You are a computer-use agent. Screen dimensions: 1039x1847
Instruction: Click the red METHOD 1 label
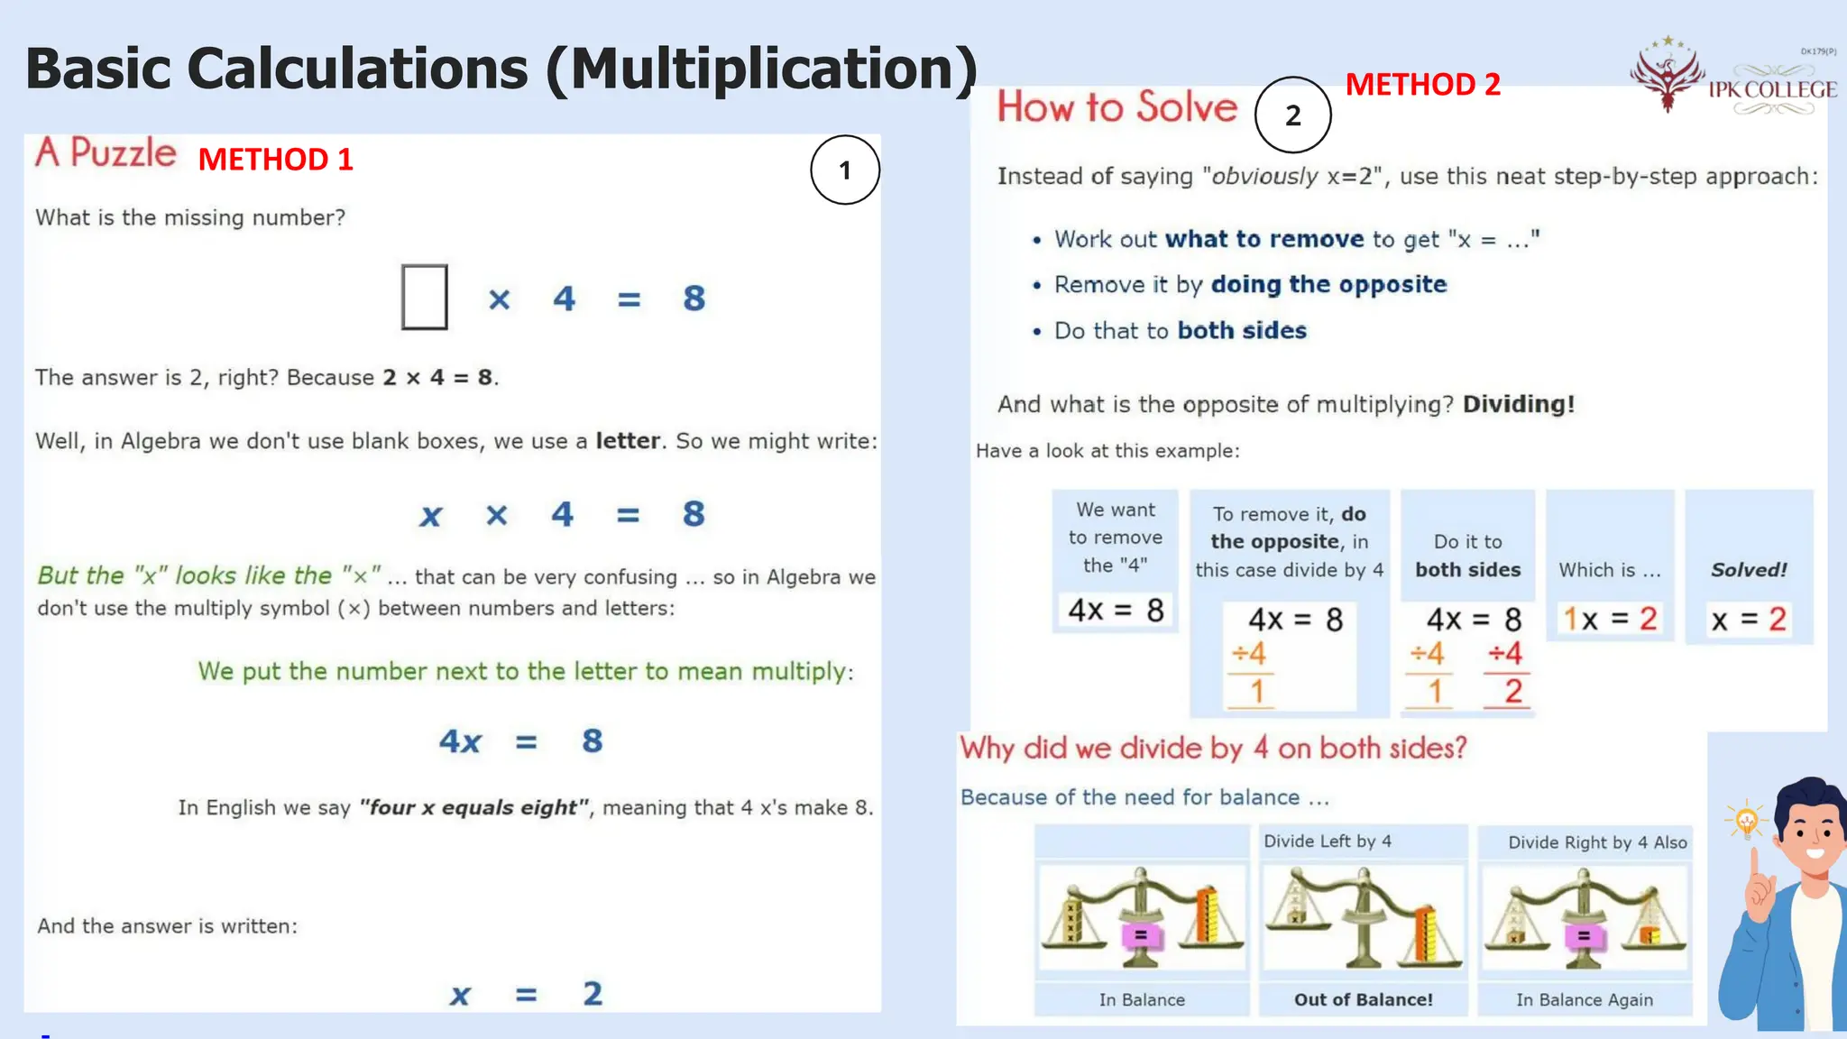[x=275, y=160]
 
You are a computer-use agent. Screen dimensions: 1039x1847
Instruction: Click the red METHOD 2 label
[x=1422, y=85]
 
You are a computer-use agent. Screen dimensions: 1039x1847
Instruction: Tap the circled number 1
[x=844, y=170]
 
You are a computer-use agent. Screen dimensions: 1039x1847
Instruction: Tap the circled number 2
[x=1292, y=115]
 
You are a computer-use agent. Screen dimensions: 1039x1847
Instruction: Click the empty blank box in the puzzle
[x=424, y=297]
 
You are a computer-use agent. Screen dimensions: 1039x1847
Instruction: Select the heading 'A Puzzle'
[x=106, y=152]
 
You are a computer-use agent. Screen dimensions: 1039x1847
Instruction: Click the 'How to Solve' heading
[x=1116, y=107]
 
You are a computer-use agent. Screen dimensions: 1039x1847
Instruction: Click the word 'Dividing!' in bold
[x=1518, y=404]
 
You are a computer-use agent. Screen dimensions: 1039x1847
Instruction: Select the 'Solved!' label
[x=1748, y=570]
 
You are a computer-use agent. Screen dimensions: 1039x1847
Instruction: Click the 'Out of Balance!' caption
[x=1363, y=999]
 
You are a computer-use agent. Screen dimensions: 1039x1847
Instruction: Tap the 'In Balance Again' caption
[x=1584, y=999]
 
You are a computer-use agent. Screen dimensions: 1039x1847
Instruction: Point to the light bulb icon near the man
[x=1746, y=820]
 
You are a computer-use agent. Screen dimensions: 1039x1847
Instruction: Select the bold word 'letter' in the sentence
[x=628, y=441]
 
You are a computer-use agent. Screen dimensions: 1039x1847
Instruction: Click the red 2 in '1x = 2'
[x=1648, y=619]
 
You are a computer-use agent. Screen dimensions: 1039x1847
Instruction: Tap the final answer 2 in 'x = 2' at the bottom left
[x=592, y=993]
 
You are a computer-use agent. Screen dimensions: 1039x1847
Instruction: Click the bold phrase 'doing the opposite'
[x=1328, y=284]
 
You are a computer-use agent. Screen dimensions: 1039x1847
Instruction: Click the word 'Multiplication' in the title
[x=761, y=69]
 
